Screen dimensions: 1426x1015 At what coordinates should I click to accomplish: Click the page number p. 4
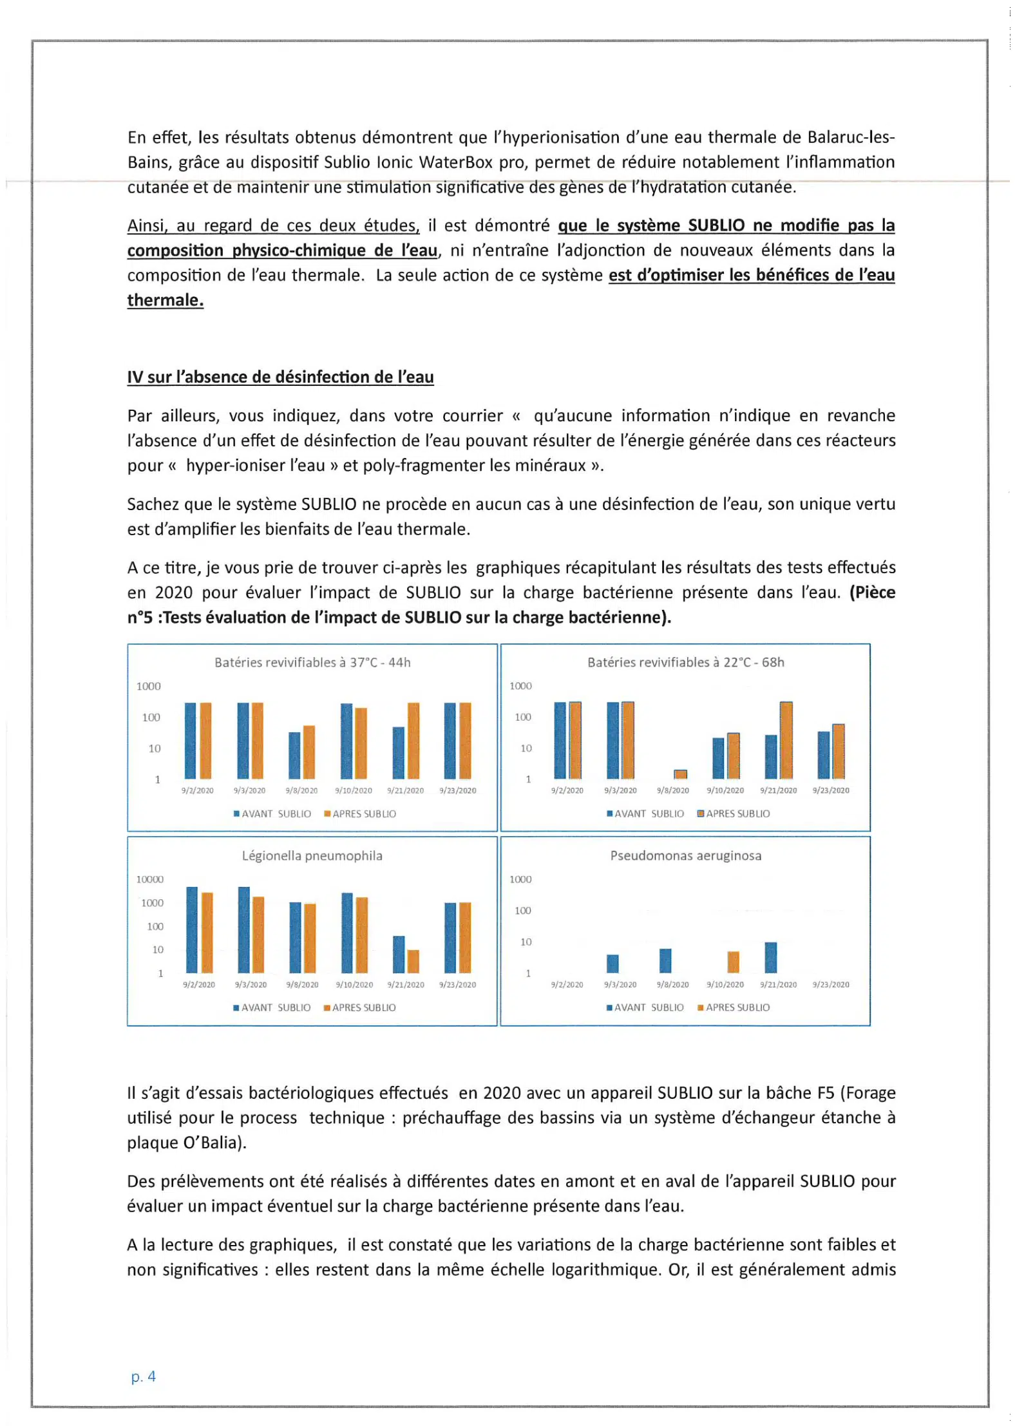143,1376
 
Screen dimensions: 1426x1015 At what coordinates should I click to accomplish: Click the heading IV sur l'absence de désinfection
280,377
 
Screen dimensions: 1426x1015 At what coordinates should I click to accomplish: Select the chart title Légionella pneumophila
312,855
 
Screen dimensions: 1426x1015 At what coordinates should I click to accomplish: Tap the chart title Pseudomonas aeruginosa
685,855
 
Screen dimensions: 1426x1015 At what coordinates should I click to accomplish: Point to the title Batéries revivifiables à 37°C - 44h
312,662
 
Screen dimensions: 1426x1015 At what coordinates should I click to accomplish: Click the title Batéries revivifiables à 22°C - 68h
685,662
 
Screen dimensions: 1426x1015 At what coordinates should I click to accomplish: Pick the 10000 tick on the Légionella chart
149,879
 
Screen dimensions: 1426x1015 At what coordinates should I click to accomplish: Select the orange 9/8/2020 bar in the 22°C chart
680,774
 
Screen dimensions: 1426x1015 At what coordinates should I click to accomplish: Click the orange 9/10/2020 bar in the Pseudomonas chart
733,962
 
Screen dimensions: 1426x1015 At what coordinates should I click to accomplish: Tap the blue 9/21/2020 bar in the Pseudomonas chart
770,957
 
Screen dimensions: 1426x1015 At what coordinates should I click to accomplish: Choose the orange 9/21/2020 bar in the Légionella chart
413,961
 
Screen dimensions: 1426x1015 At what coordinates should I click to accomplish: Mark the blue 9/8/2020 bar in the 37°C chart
294,755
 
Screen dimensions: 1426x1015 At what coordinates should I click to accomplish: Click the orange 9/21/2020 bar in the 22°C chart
786,740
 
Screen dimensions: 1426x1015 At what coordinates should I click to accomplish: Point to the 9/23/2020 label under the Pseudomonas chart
831,984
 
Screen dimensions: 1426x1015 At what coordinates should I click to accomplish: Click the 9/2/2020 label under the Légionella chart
198,984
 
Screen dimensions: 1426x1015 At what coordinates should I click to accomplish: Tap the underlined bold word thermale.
165,300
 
